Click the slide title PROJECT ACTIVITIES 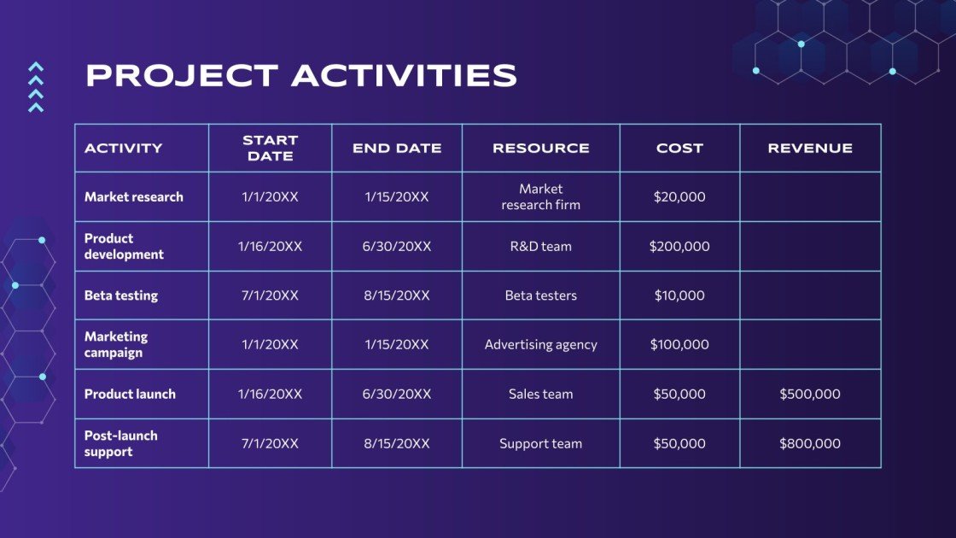[x=301, y=76]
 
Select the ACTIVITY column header [x=123, y=149]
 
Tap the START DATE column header [x=270, y=149]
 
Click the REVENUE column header [x=810, y=149]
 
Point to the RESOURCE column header [x=540, y=149]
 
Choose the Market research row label [x=134, y=197]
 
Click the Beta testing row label [x=121, y=295]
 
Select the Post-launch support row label [x=121, y=443]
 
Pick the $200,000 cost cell [x=679, y=247]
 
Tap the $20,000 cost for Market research [x=679, y=197]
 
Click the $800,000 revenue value [x=809, y=444]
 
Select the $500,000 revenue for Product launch [x=809, y=395]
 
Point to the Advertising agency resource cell [x=540, y=345]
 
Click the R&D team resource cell [x=540, y=247]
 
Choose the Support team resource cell [x=540, y=444]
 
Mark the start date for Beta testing [x=270, y=295]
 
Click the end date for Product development [x=397, y=247]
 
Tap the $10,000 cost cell [x=679, y=295]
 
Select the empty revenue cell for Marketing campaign [x=810, y=345]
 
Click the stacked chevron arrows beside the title [x=36, y=87]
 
